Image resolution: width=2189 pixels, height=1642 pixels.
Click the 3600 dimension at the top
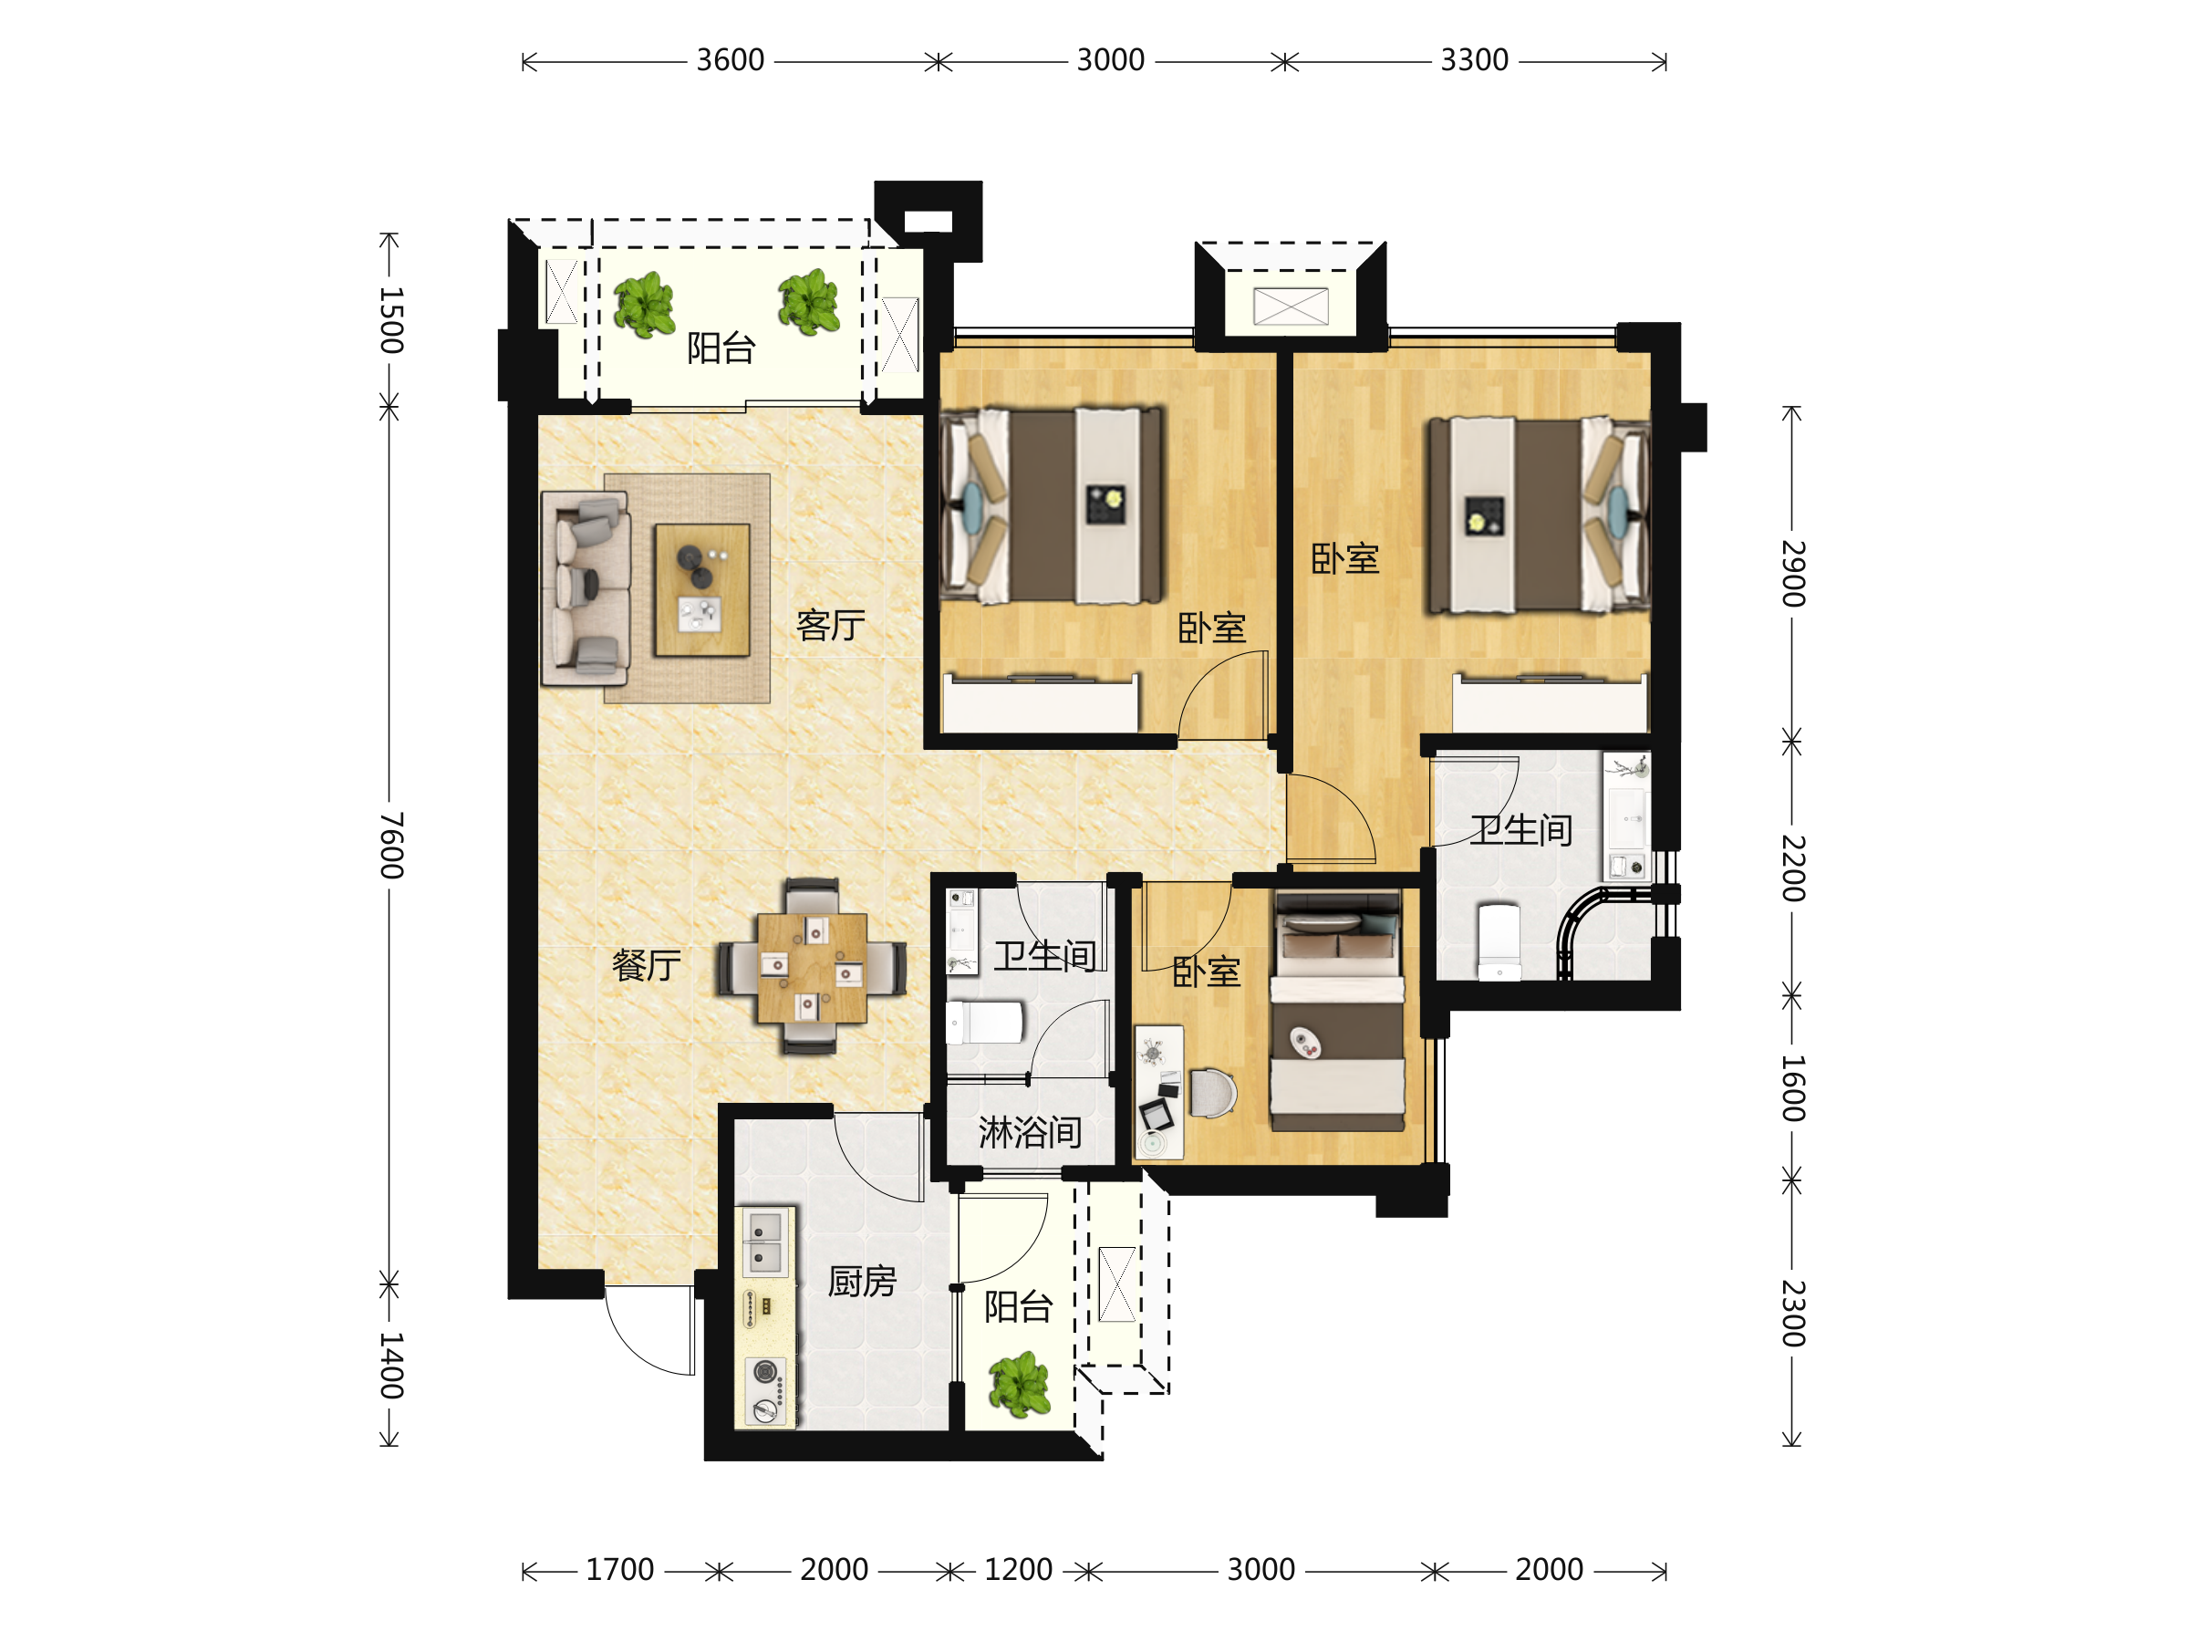731,60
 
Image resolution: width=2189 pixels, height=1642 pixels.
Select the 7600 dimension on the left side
392,846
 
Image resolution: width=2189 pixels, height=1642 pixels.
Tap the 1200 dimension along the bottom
1018,1570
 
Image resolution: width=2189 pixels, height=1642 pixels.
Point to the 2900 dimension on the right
1793,573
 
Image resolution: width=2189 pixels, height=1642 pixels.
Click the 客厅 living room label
830,625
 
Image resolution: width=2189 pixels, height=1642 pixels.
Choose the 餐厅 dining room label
646,965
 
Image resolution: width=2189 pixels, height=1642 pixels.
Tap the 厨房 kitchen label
862,1282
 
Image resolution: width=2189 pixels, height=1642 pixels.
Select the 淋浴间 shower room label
1029,1132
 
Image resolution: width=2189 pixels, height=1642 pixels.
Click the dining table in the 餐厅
812,967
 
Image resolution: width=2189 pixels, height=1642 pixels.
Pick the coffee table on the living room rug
701,590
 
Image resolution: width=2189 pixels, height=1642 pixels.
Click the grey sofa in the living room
585,590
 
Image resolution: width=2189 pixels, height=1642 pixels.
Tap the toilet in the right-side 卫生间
1499,941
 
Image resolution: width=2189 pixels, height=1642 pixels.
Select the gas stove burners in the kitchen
765,1389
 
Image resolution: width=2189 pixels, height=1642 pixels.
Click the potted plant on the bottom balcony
1020,1384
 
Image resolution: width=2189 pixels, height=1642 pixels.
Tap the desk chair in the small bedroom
1212,1093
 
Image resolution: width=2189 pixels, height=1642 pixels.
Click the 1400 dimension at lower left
392,1366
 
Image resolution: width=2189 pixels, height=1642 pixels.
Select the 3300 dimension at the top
1475,60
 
